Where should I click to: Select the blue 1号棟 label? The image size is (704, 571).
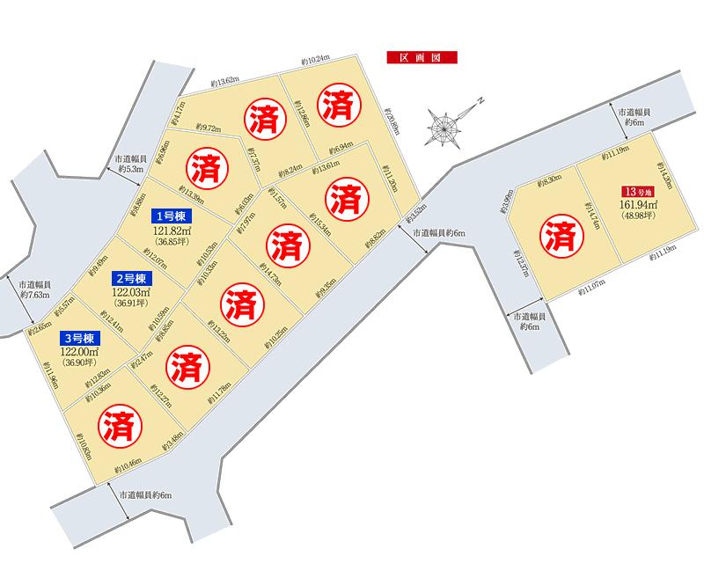pos(173,216)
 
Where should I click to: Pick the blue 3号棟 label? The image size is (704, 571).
pos(80,339)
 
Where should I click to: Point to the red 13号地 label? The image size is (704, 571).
pos(640,192)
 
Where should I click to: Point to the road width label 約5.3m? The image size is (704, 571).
pos(128,167)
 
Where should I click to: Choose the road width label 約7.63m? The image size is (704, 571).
pos(33,295)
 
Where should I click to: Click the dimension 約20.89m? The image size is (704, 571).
pos(391,120)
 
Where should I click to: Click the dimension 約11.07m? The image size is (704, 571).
pos(594,289)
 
